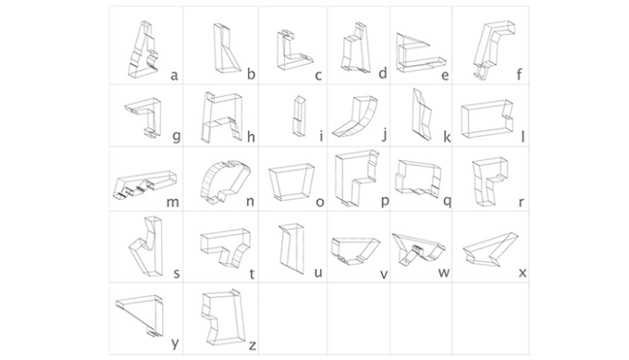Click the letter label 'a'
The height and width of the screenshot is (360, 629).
tap(174, 76)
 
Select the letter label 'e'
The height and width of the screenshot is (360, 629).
tap(445, 76)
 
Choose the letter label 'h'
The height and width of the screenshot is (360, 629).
tap(251, 137)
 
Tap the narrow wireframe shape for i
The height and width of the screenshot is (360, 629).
tap(300, 117)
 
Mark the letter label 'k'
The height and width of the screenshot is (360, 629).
tap(447, 137)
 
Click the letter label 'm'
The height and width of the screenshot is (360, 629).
tap(172, 202)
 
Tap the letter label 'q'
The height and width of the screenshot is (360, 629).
tap(448, 201)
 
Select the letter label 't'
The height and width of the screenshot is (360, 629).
tap(252, 274)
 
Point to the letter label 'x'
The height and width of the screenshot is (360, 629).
tap(523, 273)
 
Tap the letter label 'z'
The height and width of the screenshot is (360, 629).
tap(253, 346)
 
